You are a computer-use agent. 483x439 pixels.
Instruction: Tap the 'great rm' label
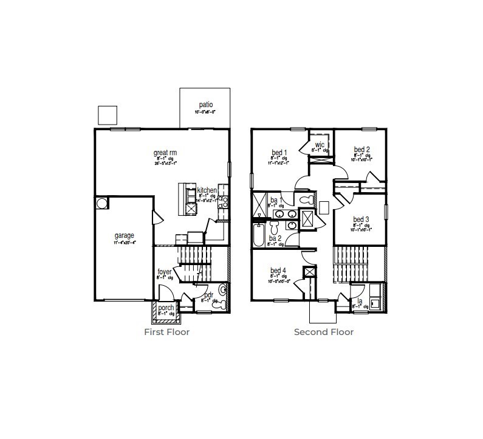point(165,153)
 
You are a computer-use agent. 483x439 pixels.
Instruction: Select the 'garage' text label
point(124,235)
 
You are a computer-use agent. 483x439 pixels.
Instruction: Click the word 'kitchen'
point(207,190)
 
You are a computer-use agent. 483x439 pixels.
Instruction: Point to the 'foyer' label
point(165,272)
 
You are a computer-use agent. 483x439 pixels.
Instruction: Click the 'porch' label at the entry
point(166,308)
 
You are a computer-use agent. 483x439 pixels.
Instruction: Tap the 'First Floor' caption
point(166,332)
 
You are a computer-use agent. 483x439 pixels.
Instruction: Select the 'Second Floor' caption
point(323,332)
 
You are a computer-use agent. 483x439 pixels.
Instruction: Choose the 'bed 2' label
point(361,150)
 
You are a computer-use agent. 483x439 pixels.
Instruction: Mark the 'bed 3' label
point(361,219)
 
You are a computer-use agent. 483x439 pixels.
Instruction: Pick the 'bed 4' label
point(279,271)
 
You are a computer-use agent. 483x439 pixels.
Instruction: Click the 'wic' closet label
point(320,144)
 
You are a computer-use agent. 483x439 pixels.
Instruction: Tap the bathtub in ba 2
point(259,235)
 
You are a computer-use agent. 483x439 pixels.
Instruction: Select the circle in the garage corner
point(101,202)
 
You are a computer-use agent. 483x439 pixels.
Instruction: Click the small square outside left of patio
point(107,115)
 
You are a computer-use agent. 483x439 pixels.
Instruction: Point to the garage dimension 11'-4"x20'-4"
point(124,242)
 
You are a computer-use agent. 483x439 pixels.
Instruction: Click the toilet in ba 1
point(306,200)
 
